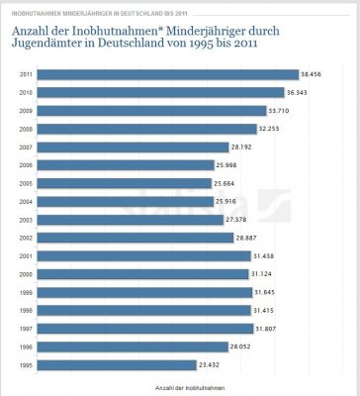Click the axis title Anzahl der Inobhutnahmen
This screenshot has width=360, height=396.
[180, 388]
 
